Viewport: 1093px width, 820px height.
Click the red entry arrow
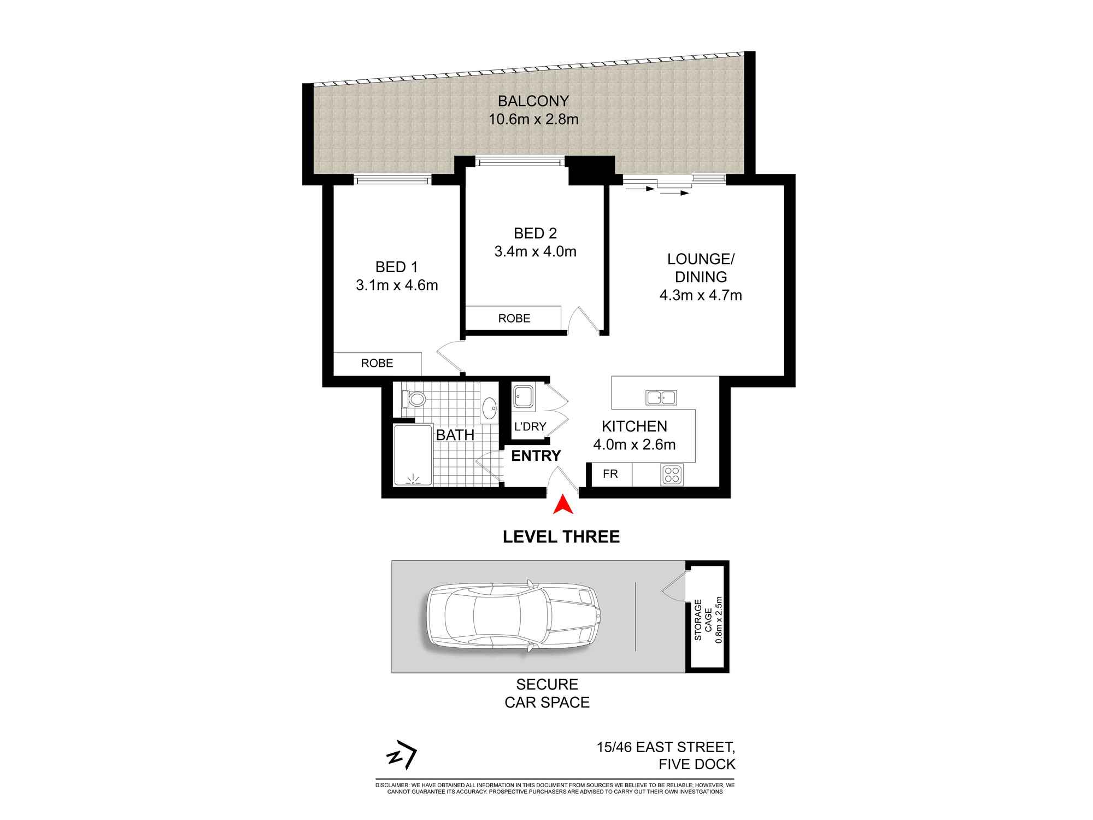(562, 505)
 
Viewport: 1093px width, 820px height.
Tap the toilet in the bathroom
(414, 399)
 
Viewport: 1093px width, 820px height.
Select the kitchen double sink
(661, 397)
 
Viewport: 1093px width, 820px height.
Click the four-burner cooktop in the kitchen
(672, 475)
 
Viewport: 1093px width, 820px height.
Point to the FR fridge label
(610, 474)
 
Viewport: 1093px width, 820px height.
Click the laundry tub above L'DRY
(524, 397)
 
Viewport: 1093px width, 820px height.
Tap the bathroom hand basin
(489, 408)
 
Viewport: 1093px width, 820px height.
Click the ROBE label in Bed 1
(377, 363)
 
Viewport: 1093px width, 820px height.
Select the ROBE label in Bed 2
(514, 318)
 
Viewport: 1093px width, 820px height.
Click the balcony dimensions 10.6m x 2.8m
(533, 119)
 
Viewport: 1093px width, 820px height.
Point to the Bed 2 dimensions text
(536, 251)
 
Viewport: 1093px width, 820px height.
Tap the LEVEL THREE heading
(561, 537)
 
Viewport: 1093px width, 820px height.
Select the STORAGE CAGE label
(703, 620)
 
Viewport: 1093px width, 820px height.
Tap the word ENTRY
(536, 455)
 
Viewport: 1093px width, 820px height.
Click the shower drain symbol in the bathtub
(413, 479)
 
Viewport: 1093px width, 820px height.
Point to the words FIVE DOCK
(697, 764)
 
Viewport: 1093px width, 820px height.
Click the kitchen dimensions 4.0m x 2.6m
(634, 444)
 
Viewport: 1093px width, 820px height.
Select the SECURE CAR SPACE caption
(547, 693)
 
